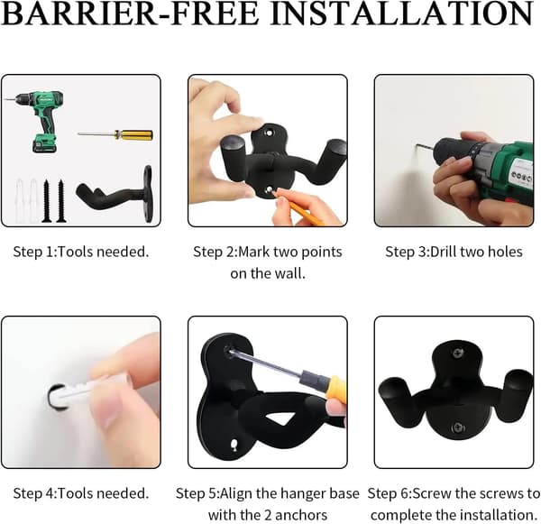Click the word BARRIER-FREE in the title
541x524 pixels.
131,14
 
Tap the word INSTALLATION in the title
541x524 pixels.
402,14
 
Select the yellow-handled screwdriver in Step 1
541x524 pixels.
115,134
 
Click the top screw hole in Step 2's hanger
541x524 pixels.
269,133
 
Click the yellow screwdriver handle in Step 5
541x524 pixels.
335,386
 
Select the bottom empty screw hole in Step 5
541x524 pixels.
234,444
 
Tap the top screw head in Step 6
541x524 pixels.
458,354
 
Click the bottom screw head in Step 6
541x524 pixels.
458,428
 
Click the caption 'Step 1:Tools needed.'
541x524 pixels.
81,252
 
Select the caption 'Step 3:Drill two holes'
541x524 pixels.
454,252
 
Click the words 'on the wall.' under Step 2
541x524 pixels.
268,273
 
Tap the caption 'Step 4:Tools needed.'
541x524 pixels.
81,493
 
